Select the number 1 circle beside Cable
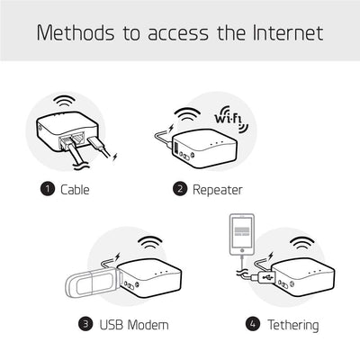(x=47, y=190)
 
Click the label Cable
(x=75, y=190)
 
